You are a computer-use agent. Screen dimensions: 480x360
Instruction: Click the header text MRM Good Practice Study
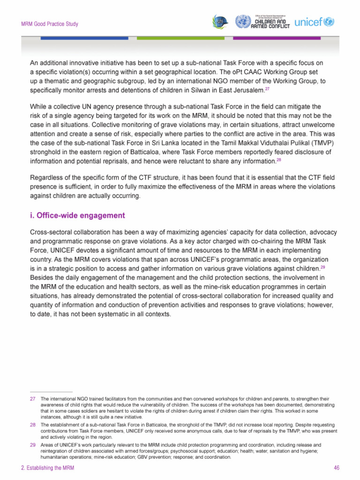(x=48, y=24)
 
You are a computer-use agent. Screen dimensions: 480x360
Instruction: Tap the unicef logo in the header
(x=314, y=22)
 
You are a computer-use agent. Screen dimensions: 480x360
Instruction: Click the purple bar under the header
(x=277, y=38)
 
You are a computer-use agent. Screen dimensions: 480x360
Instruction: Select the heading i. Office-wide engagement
(x=77, y=216)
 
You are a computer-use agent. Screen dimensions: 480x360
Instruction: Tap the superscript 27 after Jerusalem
(x=267, y=89)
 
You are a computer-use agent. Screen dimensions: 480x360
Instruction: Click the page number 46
(x=336, y=468)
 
